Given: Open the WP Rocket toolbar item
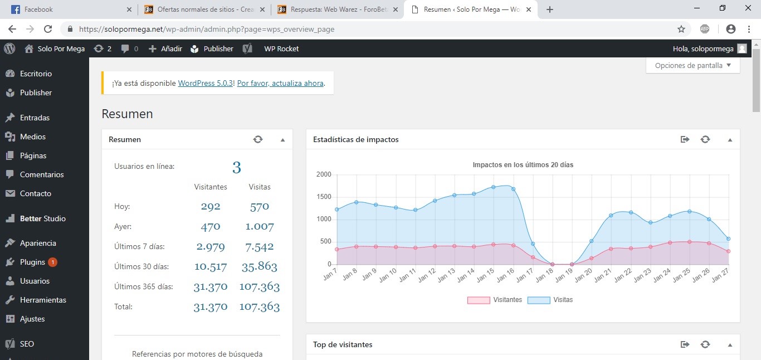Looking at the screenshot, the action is pyautogui.click(x=281, y=48).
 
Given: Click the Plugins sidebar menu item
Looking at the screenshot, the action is pyautogui.click(x=32, y=262).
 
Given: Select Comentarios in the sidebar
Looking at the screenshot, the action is pyautogui.click(x=41, y=174).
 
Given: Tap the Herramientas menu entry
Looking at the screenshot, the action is pyautogui.click(x=43, y=300).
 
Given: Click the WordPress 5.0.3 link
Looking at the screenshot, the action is pyautogui.click(x=206, y=83).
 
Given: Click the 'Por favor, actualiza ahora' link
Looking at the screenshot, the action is pyautogui.click(x=280, y=83).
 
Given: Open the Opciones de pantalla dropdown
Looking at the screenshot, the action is pyautogui.click(x=692, y=66).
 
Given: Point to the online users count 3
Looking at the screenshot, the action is pyautogui.click(x=237, y=167).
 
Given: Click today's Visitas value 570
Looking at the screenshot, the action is pyautogui.click(x=260, y=207).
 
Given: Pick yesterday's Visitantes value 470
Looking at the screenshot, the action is pyautogui.click(x=211, y=227).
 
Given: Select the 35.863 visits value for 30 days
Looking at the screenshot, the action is pyautogui.click(x=260, y=266).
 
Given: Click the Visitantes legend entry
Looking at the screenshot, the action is pyautogui.click(x=494, y=300).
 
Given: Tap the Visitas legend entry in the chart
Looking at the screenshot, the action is pyautogui.click(x=550, y=300).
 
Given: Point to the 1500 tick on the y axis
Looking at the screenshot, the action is pyautogui.click(x=324, y=197).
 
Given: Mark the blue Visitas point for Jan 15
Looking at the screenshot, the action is pyautogui.click(x=493, y=187).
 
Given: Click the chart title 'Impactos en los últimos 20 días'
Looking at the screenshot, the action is pyautogui.click(x=523, y=165).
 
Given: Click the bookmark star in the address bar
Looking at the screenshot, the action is pyautogui.click(x=681, y=29).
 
